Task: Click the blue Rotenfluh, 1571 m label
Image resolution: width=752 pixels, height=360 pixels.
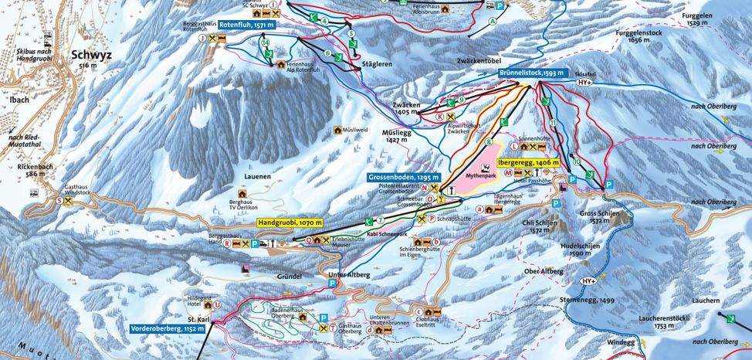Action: coord(246,25)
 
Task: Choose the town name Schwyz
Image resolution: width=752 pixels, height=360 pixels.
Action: coord(91,55)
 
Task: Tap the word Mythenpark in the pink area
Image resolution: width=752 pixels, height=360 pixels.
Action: coord(481,176)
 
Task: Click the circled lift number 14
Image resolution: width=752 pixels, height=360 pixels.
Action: coord(265,44)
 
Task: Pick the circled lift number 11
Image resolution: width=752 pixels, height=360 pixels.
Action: coord(553,124)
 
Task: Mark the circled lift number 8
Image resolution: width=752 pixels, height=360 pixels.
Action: coord(488,142)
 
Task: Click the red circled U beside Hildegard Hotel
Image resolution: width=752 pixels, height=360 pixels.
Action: coord(218,304)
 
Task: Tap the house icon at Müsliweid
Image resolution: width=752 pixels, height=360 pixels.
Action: coord(337,130)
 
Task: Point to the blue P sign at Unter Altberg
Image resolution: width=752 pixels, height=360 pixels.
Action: coord(333,284)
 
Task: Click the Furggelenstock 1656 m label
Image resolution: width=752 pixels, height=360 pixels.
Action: coord(627,36)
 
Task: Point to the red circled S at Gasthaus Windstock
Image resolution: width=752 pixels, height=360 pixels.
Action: coord(59,201)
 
